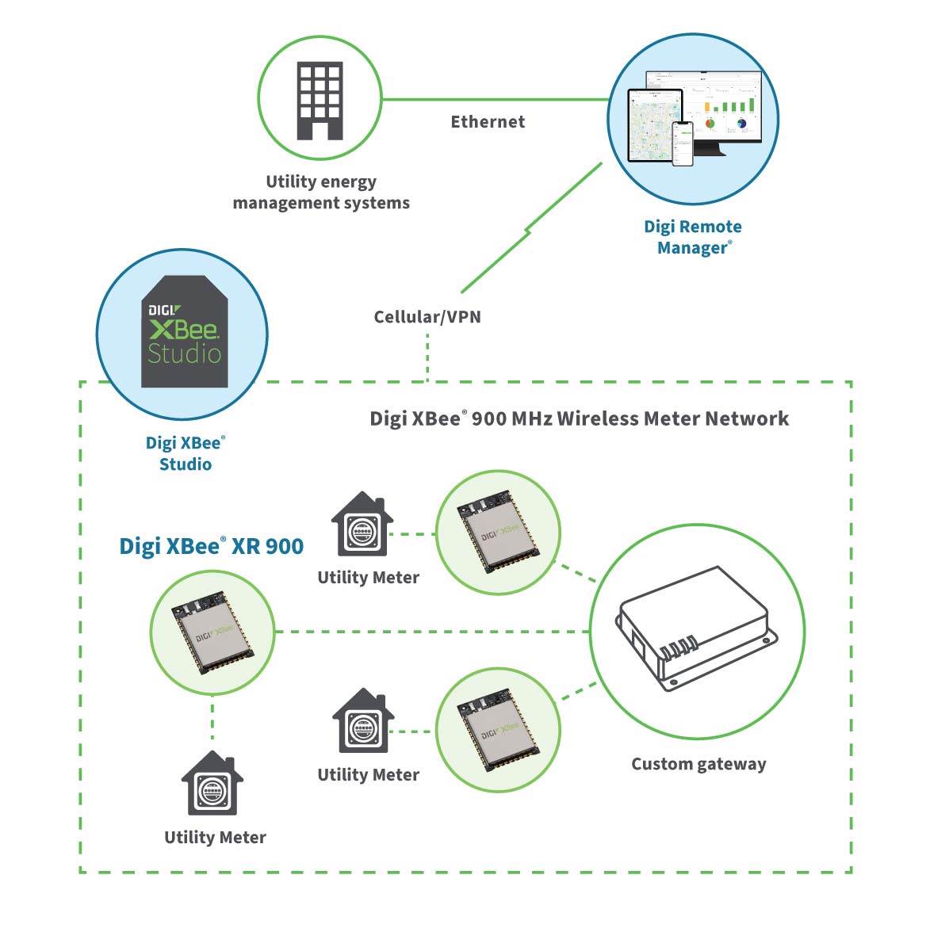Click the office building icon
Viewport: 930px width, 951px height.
point(320,101)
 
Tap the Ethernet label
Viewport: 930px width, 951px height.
point(488,122)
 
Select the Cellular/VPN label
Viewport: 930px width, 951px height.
point(427,317)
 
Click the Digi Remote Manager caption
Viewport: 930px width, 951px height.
point(693,237)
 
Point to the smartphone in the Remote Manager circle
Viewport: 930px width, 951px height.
point(683,143)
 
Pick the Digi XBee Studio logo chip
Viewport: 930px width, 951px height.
point(185,332)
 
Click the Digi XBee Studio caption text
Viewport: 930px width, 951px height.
point(186,454)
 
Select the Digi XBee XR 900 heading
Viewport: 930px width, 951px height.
point(211,546)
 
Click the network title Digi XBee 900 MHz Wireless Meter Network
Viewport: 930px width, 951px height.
point(579,418)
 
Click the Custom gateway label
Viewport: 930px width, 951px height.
point(698,765)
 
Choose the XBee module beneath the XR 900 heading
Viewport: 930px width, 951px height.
point(212,632)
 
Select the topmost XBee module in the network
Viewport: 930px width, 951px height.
point(499,533)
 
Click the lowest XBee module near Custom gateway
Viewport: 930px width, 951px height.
point(499,730)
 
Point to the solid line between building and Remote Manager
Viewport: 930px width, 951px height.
point(495,100)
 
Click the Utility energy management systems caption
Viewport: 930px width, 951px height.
point(321,193)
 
